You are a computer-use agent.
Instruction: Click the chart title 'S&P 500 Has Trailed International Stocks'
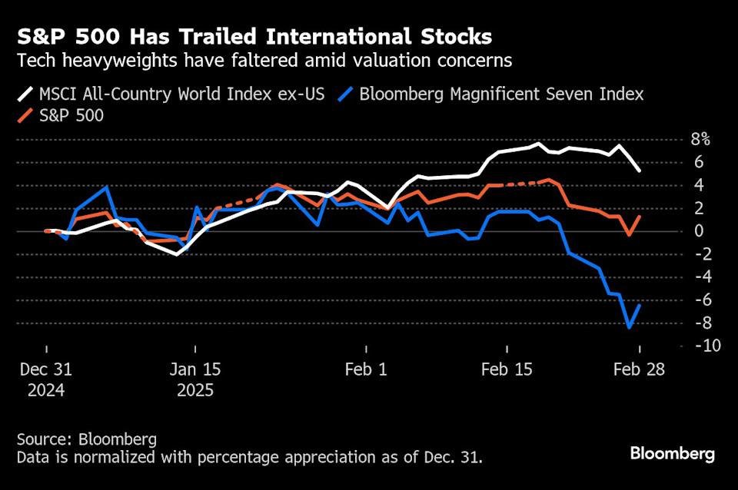tap(254, 36)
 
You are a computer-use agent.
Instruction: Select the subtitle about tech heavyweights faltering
tap(264, 61)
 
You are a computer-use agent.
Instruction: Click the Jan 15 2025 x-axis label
tap(195, 379)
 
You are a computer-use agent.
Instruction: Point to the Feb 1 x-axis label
tap(367, 369)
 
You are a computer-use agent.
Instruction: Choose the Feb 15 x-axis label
tap(507, 369)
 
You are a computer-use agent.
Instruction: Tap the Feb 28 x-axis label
tap(638, 369)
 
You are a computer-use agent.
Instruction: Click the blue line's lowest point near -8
tap(630, 328)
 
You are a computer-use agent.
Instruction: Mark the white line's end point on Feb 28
tap(640, 171)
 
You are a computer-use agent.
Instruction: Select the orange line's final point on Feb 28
tap(640, 217)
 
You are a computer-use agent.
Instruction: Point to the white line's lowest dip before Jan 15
tap(178, 253)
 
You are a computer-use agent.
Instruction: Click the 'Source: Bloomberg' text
tap(86, 439)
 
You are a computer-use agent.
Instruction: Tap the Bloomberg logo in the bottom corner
tap(672, 453)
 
